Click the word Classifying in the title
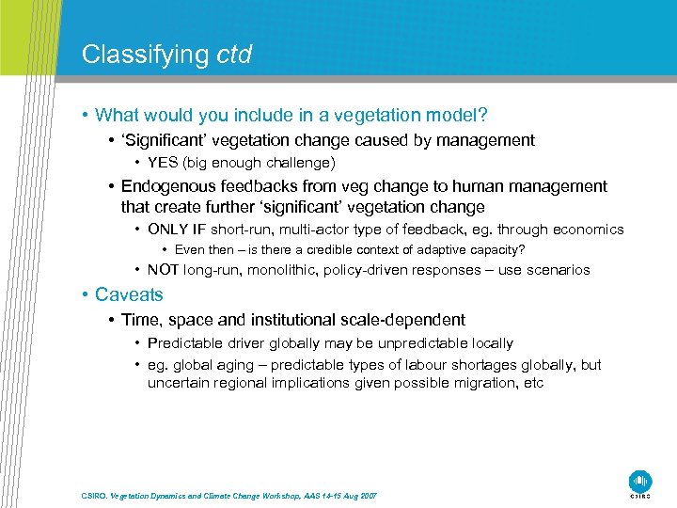(145, 55)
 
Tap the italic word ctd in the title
(234, 55)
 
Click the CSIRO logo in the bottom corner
(640, 481)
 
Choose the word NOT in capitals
(164, 270)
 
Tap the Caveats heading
(129, 294)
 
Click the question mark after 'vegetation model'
(483, 116)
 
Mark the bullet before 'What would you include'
(85, 116)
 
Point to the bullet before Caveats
(85, 294)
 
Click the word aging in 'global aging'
(232, 365)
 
